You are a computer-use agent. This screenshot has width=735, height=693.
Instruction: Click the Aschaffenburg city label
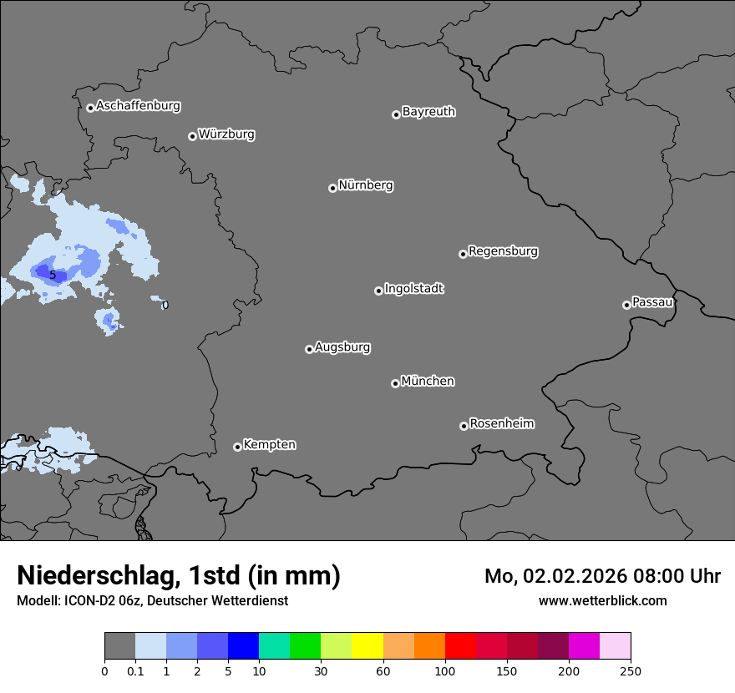point(138,106)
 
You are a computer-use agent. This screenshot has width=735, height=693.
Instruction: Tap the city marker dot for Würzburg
point(192,136)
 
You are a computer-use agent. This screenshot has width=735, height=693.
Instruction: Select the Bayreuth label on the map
point(428,112)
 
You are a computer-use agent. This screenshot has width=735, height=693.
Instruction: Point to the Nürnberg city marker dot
point(332,188)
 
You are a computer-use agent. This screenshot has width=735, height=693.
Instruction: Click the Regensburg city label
point(503,251)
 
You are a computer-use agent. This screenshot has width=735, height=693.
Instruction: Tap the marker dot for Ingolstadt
point(378,291)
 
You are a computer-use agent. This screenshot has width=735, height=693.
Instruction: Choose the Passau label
point(652,302)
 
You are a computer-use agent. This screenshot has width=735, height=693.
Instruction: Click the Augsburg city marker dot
point(309,349)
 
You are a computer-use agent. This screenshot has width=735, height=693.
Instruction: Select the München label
point(428,382)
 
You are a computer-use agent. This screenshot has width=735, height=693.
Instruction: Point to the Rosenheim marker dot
point(464,426)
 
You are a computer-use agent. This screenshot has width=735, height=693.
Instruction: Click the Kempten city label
point(269,445)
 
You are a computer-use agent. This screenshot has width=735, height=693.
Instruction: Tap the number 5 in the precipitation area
point(53,275)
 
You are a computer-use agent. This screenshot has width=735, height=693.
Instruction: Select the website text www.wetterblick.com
point(602,600)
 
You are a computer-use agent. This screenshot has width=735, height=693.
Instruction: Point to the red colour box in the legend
point(460,646)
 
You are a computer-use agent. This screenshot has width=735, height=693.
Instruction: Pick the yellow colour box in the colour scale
point(367,646)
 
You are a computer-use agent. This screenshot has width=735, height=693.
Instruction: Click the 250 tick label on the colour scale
point(631,671)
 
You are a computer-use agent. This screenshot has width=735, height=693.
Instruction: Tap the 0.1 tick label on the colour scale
point(135,671)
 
